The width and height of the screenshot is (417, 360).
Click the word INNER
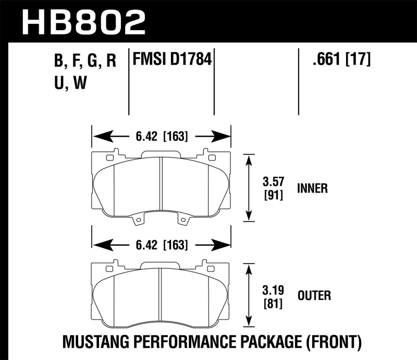click(x=312, y=189)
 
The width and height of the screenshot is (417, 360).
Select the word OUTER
click(x=314, y=296)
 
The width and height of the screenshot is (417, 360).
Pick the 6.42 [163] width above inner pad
click(x=162, y=137)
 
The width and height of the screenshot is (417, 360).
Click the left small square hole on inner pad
click(x=109, y=158)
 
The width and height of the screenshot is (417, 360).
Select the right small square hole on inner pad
click(x=212, y=158)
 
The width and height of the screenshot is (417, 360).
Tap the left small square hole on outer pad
click(x=109, y=268)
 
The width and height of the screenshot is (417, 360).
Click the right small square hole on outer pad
click(x=212, y=268)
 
